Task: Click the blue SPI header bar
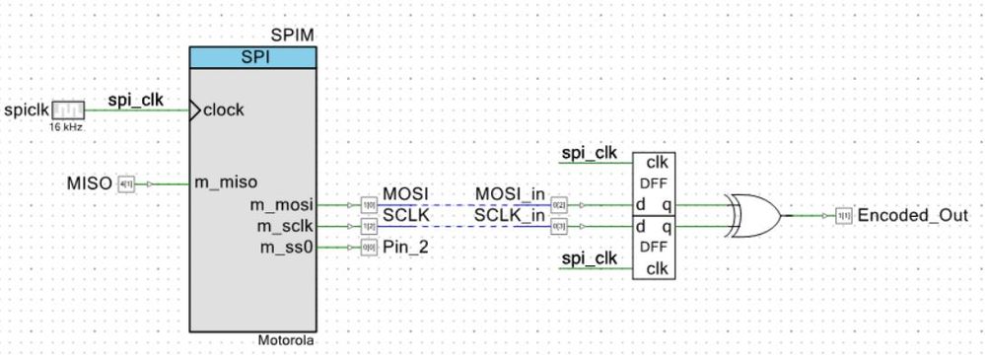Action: click(x=252, y=57)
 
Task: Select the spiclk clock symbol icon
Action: click(x=68, y=110)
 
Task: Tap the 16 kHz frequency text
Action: click(x=68, y=127)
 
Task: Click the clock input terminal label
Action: click(x=224, y=110)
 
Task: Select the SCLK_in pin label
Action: click(x=510, y=215)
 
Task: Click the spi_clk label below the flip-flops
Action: click(x=589, y=257)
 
